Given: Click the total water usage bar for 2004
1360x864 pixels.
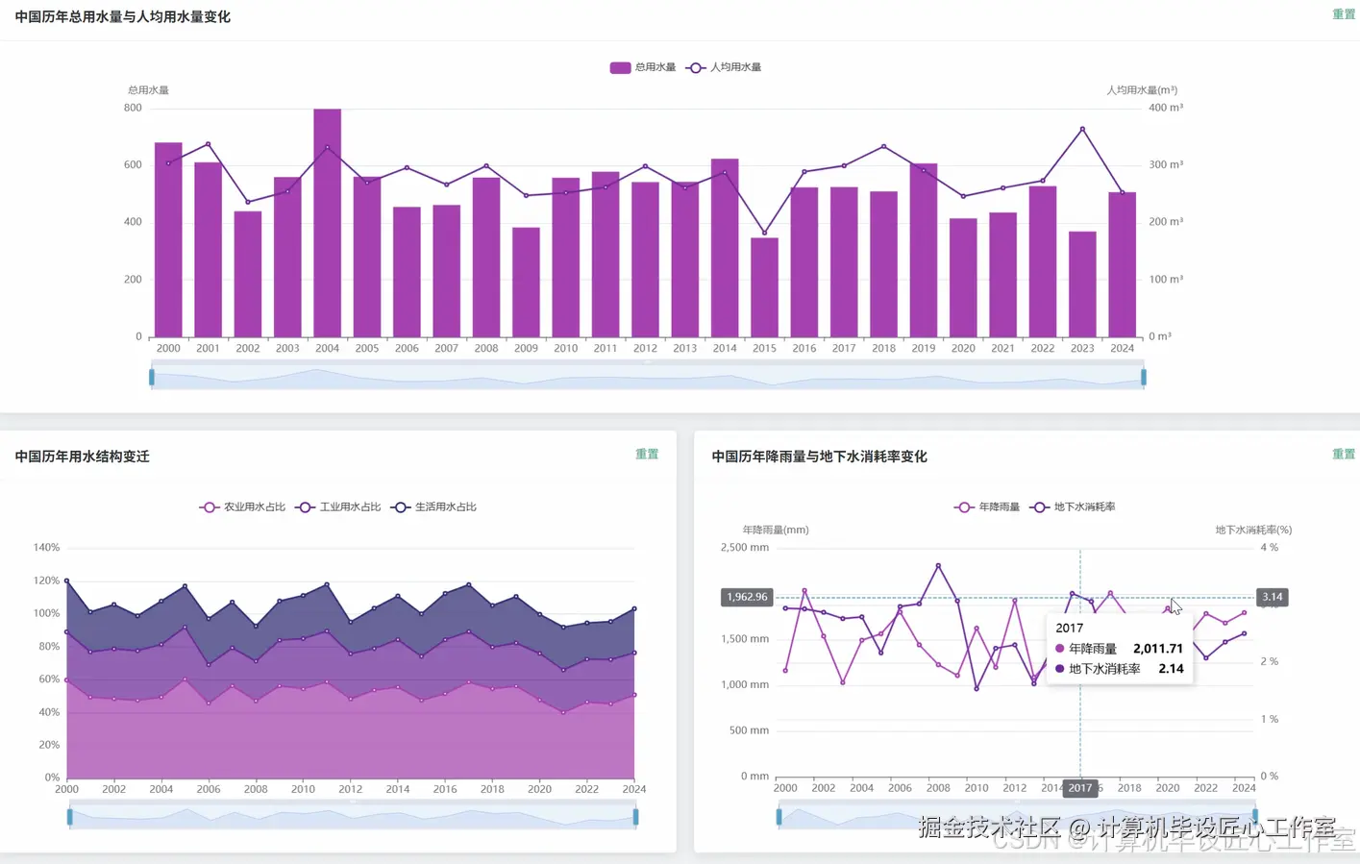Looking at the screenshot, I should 327,223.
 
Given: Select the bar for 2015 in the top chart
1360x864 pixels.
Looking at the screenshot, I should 764,287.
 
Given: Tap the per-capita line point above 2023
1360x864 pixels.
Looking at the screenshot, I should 1082,129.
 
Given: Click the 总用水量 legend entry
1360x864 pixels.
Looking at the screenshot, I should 643,67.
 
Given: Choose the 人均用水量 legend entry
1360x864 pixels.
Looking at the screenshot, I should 724,67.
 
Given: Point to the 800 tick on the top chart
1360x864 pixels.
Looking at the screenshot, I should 133,108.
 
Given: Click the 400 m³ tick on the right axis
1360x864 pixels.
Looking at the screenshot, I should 1166,108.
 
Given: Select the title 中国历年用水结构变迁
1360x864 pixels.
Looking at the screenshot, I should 83,457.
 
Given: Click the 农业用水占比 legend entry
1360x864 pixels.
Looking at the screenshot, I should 242,506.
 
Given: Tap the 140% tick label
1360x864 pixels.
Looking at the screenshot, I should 47,547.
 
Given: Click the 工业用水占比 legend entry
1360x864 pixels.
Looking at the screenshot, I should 338,506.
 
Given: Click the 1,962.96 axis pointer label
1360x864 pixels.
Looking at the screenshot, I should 747,597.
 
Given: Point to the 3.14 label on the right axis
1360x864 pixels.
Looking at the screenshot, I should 1272,597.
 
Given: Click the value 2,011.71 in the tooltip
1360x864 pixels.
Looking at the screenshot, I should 1158,649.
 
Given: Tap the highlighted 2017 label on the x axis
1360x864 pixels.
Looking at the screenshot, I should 1080,788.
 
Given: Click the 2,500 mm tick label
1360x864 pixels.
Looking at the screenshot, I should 745,547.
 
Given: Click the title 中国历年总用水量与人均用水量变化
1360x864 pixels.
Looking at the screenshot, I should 123,16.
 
